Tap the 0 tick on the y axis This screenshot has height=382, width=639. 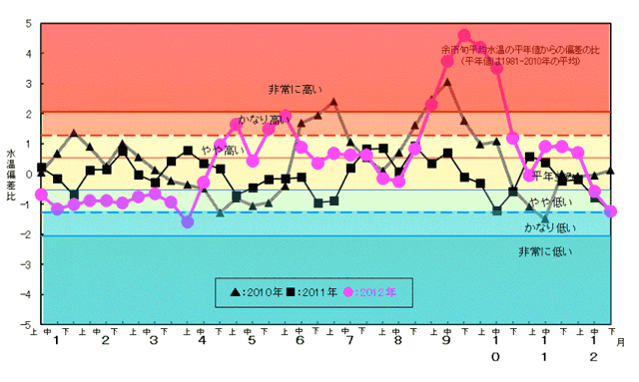click(27, 175)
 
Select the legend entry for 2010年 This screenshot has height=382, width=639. click(252, 293)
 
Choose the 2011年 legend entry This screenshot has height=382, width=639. click(310, 293)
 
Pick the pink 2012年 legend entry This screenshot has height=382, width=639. click(369, 293)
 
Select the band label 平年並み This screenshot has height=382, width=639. click(552, 176)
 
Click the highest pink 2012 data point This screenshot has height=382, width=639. click(464, 35)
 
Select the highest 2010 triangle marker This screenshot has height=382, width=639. click(447, 83)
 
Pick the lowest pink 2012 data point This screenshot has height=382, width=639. click(188, 222)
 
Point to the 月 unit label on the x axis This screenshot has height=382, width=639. click(619, 341)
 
